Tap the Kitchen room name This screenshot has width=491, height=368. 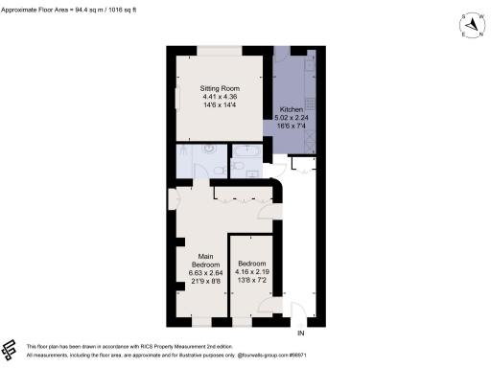pos(290,109)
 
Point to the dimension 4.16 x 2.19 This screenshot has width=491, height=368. pos(251,271)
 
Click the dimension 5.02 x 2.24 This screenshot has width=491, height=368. pos(292,117)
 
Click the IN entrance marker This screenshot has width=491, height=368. pos(300,333)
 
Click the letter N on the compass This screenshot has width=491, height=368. pos(476,34)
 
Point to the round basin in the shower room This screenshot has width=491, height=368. pos(208,150)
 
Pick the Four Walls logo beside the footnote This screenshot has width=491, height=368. pos(11,348)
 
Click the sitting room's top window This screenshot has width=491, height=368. pos(220,47)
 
